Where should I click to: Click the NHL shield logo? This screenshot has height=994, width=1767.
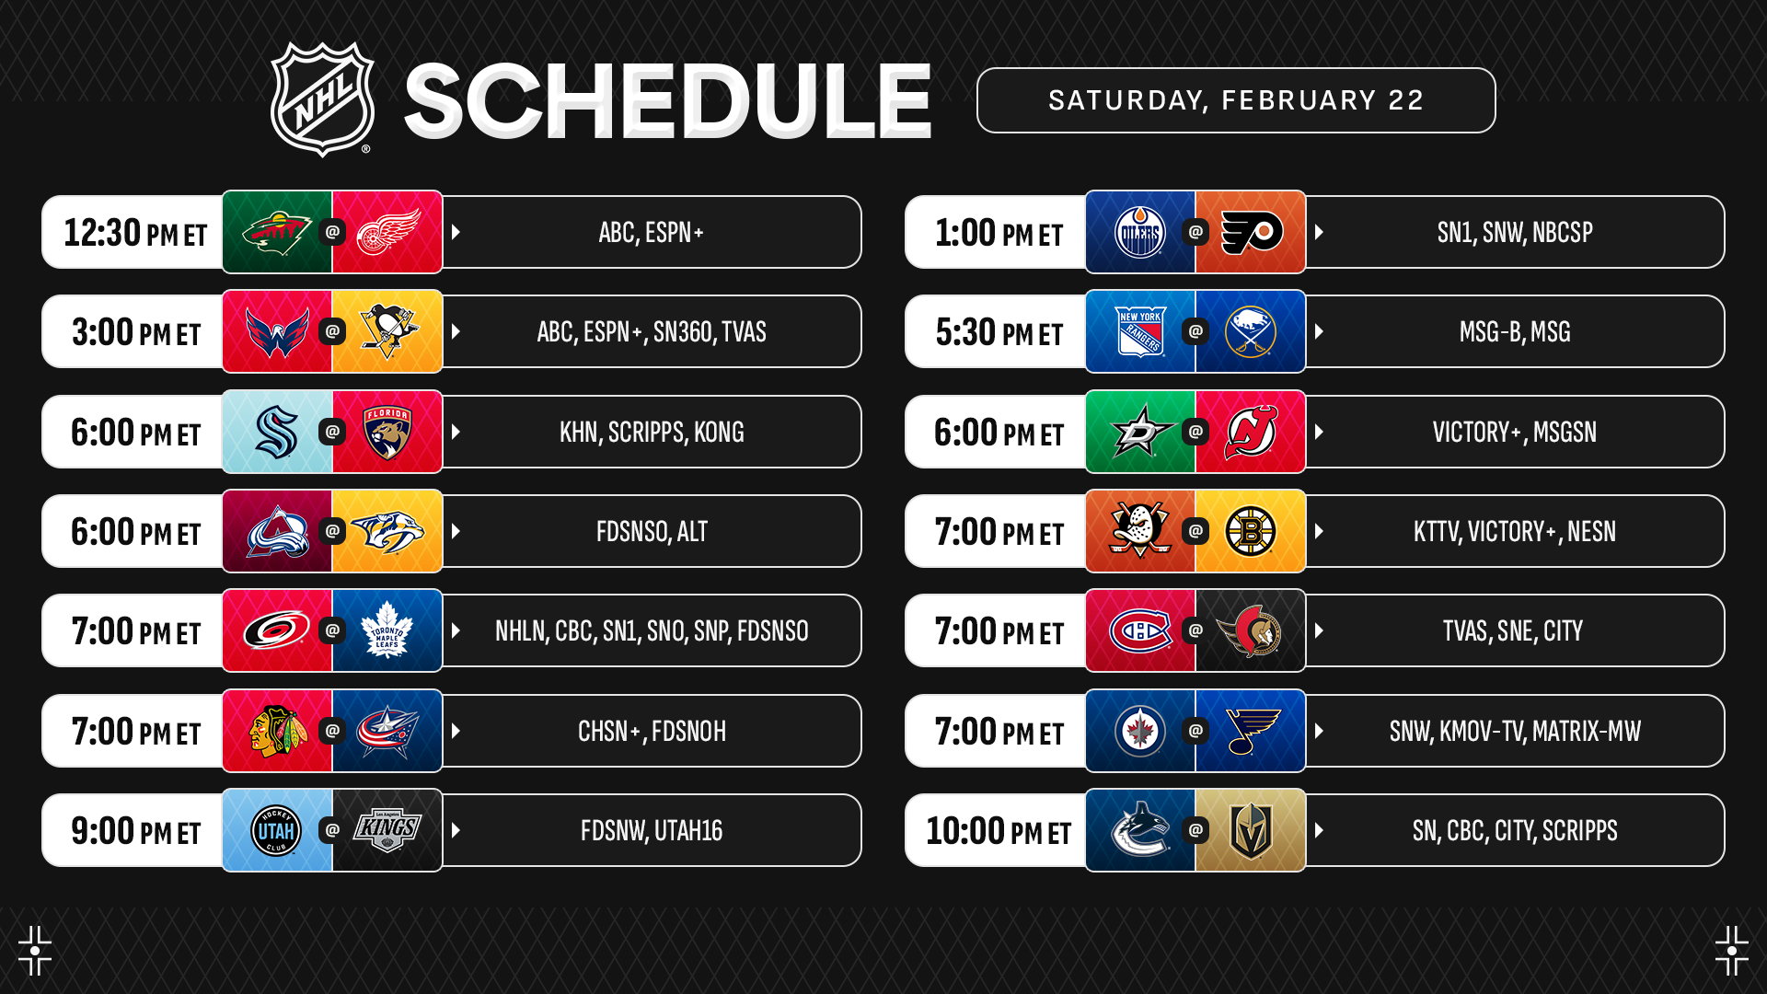click(322, 99)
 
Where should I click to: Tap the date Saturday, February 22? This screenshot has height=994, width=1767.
click(1236, 100)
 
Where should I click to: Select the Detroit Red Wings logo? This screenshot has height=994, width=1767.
click(387, 232)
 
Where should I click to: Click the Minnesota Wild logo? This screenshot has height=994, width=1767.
click(277, 233)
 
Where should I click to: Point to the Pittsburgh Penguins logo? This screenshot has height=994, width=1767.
click(388, 331)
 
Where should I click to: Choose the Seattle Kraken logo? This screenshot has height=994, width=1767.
click(277, 432)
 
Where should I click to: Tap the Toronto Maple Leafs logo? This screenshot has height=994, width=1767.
click(387, 630)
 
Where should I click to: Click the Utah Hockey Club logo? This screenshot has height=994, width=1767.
click(276, 830)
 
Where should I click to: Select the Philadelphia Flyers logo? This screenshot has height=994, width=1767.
click(1252, 233)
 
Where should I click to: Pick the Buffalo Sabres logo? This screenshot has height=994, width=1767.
click(1251, 331)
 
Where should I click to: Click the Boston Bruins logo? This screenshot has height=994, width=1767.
click(1251, 531)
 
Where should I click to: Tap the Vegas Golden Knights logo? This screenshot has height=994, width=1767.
click(1251, 830)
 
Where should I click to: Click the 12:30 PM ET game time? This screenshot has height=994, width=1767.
click(135, 233)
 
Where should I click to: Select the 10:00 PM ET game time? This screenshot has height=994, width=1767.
click(999, 831)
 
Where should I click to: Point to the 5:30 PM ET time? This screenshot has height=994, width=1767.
click(999, 332)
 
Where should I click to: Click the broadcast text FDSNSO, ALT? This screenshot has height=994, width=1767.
click(652, 532)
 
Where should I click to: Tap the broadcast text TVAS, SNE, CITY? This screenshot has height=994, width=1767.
click(1513, 631)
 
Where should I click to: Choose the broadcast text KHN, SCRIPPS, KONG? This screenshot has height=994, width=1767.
click(652, 433)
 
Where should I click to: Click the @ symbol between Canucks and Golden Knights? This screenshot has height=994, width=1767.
click(1195, 830)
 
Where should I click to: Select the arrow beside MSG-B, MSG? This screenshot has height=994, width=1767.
click(1319, 331)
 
